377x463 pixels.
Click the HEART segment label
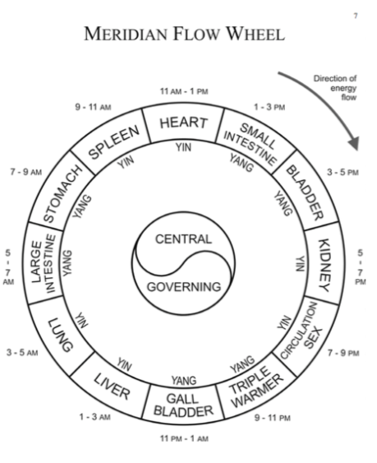[x=183, y=123]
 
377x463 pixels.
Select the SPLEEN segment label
[x=114, y=141]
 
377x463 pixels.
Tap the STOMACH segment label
[x=62, y=193]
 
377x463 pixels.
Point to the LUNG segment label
[x=61, y=335]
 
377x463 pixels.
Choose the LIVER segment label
[x=112, y=387]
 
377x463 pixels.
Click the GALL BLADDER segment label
[x=183, y=405]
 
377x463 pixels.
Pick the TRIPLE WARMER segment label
[x=255, y=387]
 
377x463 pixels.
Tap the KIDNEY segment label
[x=324, y=265]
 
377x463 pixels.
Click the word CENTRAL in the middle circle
[x=183, y=238]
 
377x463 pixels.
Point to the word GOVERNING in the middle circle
[x=184, y=287]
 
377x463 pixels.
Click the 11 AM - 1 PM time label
[x=184, y=91]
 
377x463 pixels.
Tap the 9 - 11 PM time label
[x=273, y=418]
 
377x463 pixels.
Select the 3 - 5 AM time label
[x=22, y=352]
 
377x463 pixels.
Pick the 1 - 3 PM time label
[x=269, y=107]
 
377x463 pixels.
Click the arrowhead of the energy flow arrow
[x=353, y=144]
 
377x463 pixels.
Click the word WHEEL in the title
[x=255, y=34]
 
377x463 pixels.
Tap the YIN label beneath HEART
[x=183, y=147]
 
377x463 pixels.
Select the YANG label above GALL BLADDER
[x=184, y=380]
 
